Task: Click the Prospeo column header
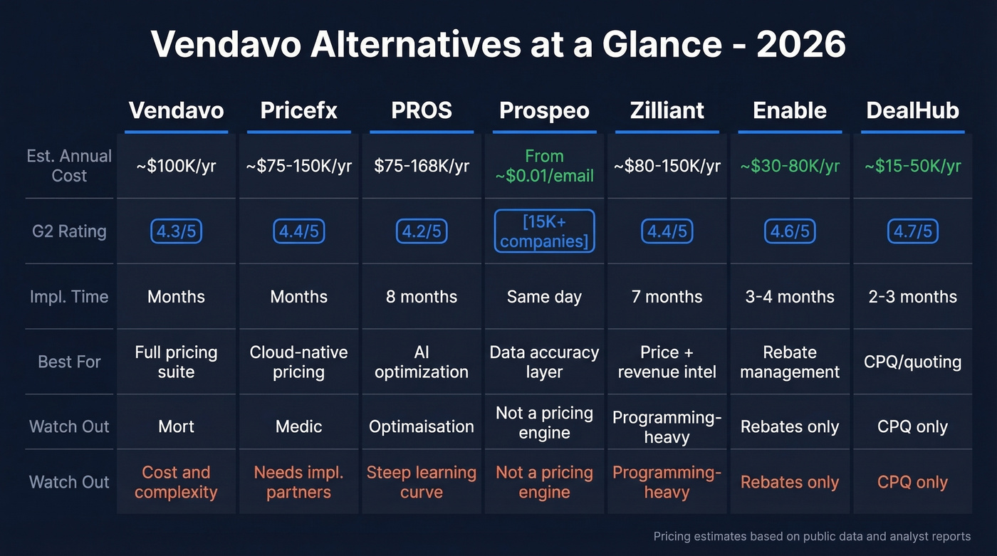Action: pyautogui.click(x=544, y=110)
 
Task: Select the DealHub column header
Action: pyautogui.click(x=912, y=110)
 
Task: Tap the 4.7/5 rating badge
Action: pyautogui.click(x=912, y=231)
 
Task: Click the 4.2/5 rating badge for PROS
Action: pyautogui.click(x=422, y=231)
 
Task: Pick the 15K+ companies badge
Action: pyautogui.click(x=544, y=231)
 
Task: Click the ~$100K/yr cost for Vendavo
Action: pyautogui.click(x=176, y=166)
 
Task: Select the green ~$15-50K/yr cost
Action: pyautogui.click(x=912, y=166)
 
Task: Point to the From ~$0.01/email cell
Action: pyautogui.click(x=544, y=166)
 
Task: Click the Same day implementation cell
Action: pyautogui.click(x=544, y=297)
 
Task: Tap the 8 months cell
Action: pyautogui.click(x=422, y=297)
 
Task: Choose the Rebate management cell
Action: pyautogui.click(x=790, y=362)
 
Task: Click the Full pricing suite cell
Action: pyautogui.click(x=176, y=362)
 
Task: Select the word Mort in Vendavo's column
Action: pyautogui.click(x=176, y=426)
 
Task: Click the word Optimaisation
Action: pyautogui.click(x=422, y=426)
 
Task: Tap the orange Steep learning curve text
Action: pyautogui.click(x=422, y=482)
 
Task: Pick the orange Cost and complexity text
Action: pyautogui.click(x=176, y=482)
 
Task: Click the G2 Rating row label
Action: pyautogui.click(x=69, y=231)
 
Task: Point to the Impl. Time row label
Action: pyautogui.click(x=69, y=297)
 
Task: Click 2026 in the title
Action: pyautogui.click(x=801, y=45)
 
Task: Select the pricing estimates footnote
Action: pyautogui.click(x=812, y=536)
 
